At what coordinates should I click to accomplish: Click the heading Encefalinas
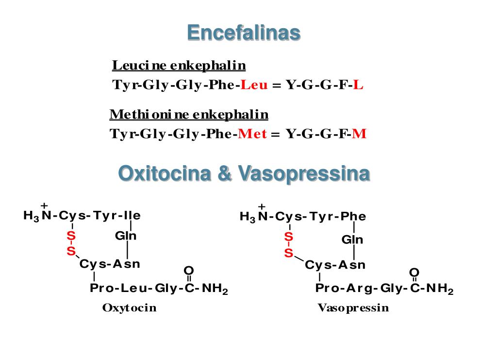(244, 33)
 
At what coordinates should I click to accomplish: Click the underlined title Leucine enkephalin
(179, 65)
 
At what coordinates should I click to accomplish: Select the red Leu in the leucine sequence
(254, 85)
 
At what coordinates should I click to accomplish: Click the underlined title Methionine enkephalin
(189, 115)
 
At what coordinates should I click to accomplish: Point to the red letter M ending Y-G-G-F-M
(359, 134)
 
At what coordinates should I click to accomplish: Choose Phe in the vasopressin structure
(353, 216)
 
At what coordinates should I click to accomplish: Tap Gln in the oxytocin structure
(126, 237)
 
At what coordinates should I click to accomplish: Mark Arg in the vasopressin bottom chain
(361, 289)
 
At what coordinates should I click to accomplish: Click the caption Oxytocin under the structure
(130, 308)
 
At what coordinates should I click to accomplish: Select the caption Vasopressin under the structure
(353, 308)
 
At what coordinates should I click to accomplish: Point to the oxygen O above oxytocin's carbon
(189, 271)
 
